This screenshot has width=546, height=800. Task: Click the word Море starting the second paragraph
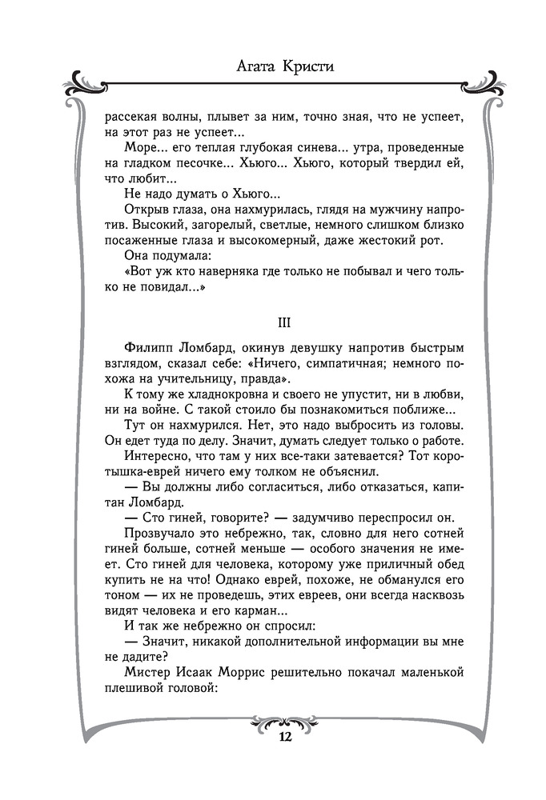click(143, 149)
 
